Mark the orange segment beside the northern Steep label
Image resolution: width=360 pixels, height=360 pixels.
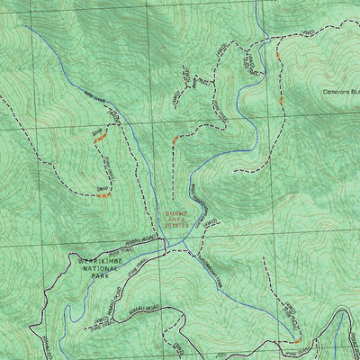pyautogui.click(x=102, y=137)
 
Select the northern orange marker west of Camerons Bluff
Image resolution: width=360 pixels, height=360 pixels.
pyautogui.click(x=278, y=55)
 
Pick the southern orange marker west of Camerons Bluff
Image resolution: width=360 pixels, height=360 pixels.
pyautogui.click(x=281, y=101)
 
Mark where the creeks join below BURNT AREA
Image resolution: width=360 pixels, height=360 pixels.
pyautogui.click(x=184, y=244)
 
